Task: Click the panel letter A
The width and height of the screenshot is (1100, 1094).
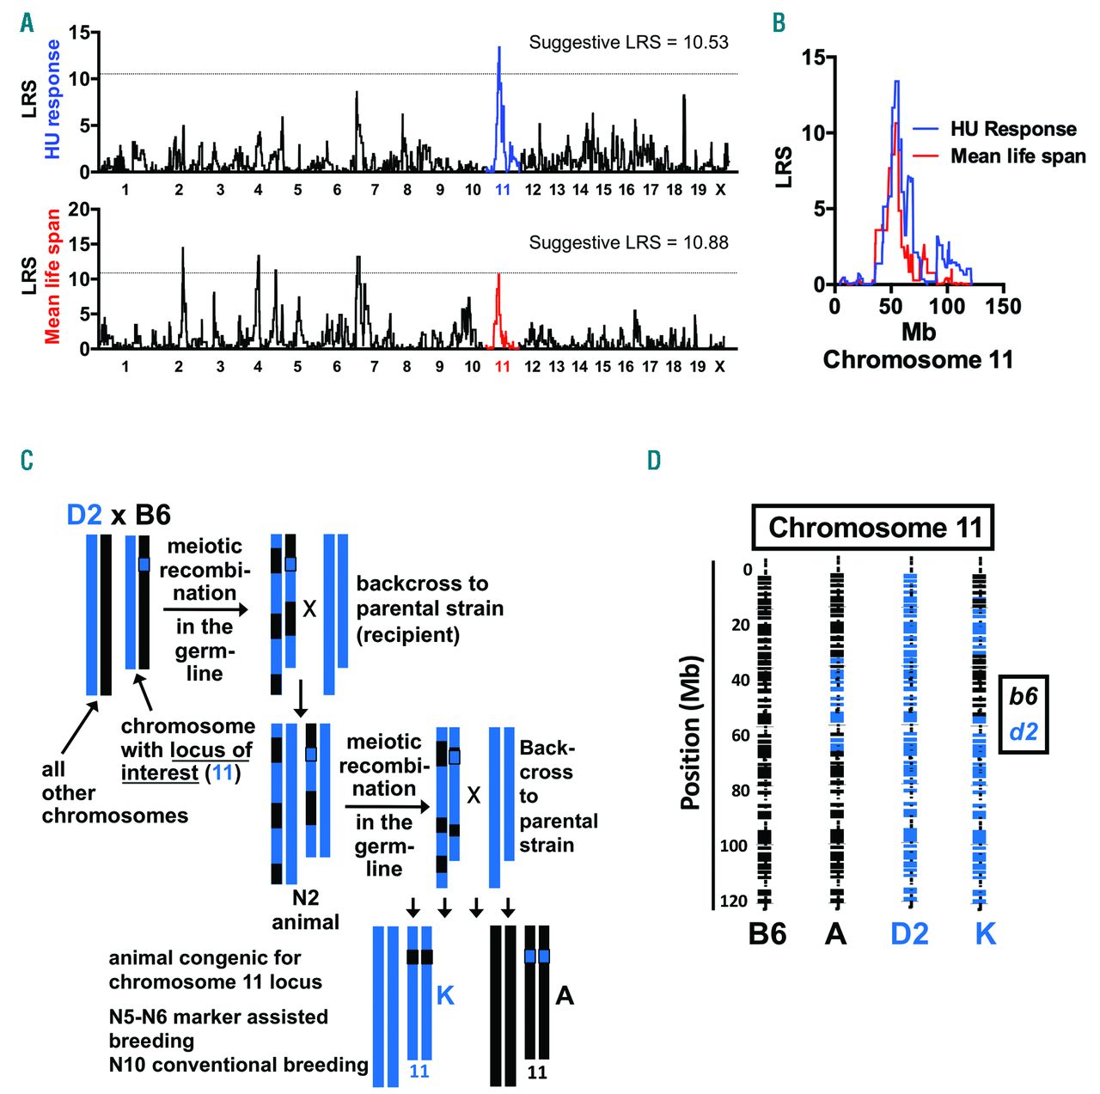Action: point(27,22)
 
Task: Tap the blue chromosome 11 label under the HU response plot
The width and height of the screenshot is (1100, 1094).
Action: point(503,189)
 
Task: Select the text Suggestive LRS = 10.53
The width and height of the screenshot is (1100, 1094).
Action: point(628,42)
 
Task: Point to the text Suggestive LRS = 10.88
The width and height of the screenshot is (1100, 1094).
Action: point(628,242)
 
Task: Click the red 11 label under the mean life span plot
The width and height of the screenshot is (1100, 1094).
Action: point(503,366)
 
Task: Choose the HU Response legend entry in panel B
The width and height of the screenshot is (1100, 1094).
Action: point(1012,130)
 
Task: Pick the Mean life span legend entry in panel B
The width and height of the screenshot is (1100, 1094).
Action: point(1017,156)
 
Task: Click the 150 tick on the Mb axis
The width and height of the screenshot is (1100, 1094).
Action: point(1003,307)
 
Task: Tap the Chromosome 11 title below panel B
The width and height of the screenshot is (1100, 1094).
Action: point(918,359)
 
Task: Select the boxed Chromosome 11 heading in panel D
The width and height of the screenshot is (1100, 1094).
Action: point(874,527)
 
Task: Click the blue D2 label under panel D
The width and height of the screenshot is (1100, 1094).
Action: point(909,933)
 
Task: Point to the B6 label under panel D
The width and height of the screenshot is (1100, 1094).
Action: point(767,933)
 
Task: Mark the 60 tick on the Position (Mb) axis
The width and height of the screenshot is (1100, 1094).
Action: point(740,736)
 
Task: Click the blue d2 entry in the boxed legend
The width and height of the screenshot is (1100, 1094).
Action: point(1023,732)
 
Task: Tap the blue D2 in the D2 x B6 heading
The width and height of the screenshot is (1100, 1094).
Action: point(84,515)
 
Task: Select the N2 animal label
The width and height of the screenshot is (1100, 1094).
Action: point(305,910)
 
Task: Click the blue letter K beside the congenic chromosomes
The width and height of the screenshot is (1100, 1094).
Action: point(445,996)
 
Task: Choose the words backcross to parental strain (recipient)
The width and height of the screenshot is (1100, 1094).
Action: point(429,608)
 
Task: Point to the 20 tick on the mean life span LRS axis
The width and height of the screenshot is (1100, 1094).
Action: point(78,209)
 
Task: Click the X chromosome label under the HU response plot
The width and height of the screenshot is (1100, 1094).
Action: point(720,189)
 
